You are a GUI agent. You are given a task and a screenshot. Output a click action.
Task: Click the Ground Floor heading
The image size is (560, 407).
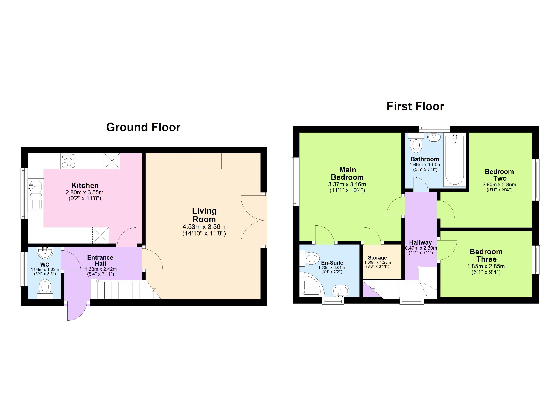point(143,127)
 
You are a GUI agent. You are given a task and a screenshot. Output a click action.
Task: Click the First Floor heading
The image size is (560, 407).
point(415,106)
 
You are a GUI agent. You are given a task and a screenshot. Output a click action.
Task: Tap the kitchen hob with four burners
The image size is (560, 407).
point(69,161)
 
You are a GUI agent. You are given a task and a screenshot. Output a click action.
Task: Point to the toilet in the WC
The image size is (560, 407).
point(45,289)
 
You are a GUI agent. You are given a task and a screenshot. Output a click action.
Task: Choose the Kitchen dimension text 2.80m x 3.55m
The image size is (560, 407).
point(84,192)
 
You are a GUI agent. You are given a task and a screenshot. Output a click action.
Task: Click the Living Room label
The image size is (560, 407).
point(204,215)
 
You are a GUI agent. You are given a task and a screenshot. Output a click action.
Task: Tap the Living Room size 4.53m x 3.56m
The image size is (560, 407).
point(204,227)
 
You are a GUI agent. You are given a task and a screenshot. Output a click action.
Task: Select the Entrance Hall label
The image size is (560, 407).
point(100,260)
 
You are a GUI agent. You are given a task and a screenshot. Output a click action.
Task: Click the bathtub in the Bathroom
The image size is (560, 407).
point(455,160)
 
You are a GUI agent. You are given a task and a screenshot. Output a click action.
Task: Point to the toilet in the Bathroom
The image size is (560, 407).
point(416,143)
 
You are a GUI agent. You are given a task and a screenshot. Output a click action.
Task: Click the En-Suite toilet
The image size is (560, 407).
point(310,258)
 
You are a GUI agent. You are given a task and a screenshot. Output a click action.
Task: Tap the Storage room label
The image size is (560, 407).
point(377,258)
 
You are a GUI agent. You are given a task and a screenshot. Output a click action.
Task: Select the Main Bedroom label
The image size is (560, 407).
point(348,174)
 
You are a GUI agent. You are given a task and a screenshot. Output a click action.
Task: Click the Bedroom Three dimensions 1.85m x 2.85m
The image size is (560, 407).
point(486,266)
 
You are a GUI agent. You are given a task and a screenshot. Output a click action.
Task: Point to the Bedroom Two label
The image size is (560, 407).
point(499,175)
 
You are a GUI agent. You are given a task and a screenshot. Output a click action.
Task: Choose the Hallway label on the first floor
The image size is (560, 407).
point(421,242)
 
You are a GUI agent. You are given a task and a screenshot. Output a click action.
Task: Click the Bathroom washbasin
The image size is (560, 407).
point(434,137)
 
